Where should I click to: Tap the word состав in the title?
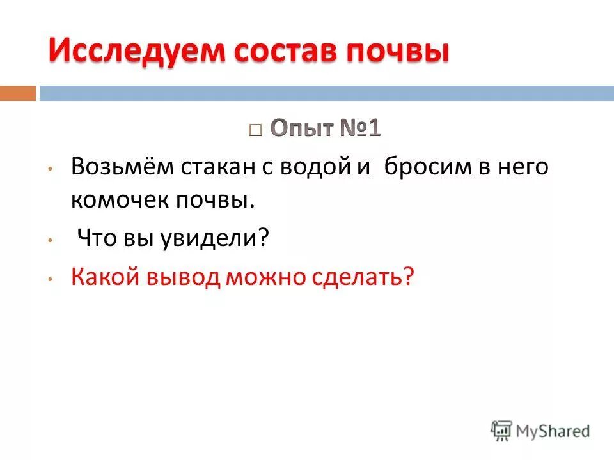tap(280, 51)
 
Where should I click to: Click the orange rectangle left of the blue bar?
tap(17, 93)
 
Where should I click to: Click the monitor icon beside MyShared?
tap(502, 430)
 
